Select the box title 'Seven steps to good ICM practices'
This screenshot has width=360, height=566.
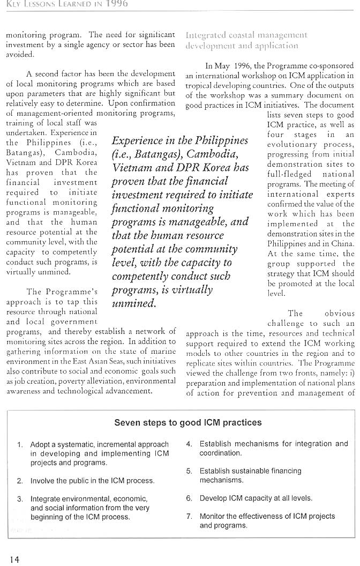tap(188, 422)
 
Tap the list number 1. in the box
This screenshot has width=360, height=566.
tap(20, 445)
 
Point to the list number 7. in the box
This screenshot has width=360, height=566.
tap(189, 517)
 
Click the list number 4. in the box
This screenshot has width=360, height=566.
tap(189, 444)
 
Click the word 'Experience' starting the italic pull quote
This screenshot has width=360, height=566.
tap(141, 141)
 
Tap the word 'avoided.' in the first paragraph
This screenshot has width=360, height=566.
tap(20, 54)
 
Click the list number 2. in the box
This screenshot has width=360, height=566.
tap(20, 481)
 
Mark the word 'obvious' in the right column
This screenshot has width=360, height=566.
tap(340, 314)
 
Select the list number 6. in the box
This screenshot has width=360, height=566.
tap(189, 498)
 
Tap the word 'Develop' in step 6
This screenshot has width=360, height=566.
tap(213, 498)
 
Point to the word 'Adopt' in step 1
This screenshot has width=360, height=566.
tap(40, 445)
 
